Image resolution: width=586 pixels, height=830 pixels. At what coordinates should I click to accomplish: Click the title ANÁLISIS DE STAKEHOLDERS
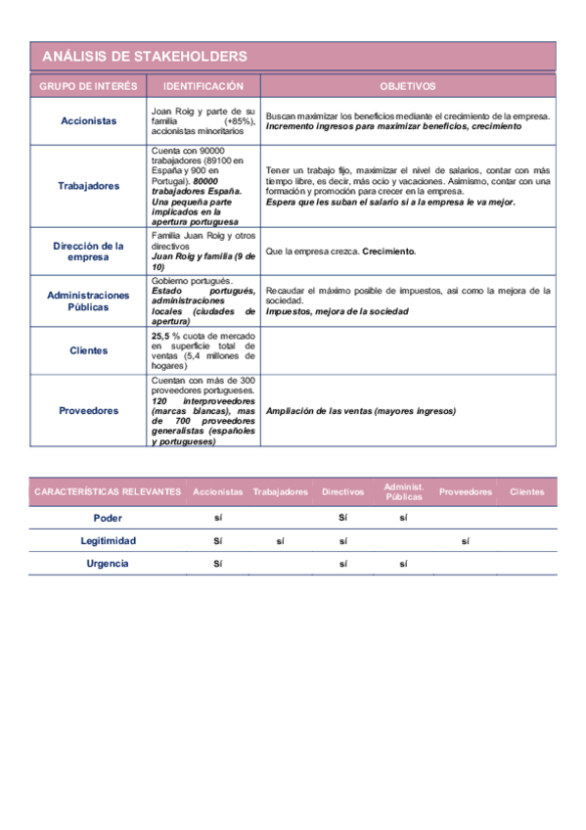(144, 57)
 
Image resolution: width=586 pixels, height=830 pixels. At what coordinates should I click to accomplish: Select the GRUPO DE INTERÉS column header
(89, 86)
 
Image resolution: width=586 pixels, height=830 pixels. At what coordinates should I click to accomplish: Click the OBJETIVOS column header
(408, 86)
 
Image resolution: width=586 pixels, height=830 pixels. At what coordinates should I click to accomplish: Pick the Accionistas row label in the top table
(89, 121)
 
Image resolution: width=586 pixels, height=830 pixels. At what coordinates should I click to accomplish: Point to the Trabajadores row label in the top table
(89, 185)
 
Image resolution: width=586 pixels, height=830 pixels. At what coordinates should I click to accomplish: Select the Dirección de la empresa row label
(89, 252)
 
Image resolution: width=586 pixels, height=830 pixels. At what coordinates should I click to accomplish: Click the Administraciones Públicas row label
(89, 300)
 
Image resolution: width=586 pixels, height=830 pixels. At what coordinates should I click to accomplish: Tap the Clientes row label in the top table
(89, 350)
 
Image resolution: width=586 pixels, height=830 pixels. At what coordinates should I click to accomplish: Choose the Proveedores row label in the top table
(89, 411)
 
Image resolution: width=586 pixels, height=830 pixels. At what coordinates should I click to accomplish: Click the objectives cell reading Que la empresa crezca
(340, 252)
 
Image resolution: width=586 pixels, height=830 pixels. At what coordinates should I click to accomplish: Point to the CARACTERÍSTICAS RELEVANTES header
(108, 491)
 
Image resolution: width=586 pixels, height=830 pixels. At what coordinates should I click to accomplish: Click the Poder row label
(108, 518)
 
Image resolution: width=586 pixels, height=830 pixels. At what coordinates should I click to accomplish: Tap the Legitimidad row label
(108, 540)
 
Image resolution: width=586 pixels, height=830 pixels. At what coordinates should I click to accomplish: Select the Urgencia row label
(108, 564)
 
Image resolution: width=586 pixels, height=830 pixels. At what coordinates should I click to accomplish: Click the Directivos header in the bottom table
(343, 491)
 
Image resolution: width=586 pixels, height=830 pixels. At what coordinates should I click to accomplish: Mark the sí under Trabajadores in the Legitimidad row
(280, 540)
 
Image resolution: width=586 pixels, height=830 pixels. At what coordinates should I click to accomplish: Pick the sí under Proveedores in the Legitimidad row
(465, 540)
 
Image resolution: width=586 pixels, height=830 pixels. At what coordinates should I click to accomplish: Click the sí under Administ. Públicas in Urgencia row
(403, 564)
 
